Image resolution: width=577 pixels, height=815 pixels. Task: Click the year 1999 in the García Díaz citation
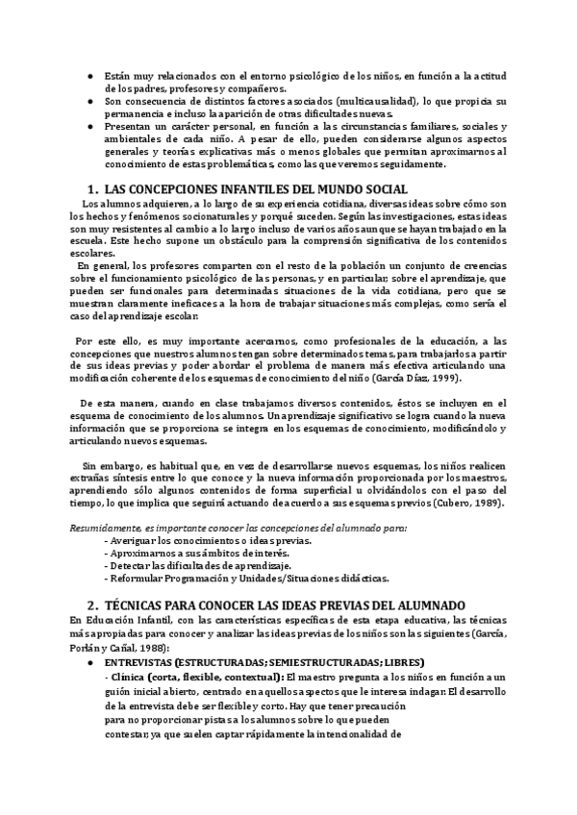[439, 378]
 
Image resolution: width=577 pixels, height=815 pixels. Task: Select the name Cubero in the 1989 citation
[449, 504]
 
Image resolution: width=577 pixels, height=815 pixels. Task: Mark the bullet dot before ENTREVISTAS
[89, 663]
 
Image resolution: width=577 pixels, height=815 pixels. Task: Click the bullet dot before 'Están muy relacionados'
[89, 76]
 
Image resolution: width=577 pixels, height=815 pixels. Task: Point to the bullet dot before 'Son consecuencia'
[89, 101]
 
